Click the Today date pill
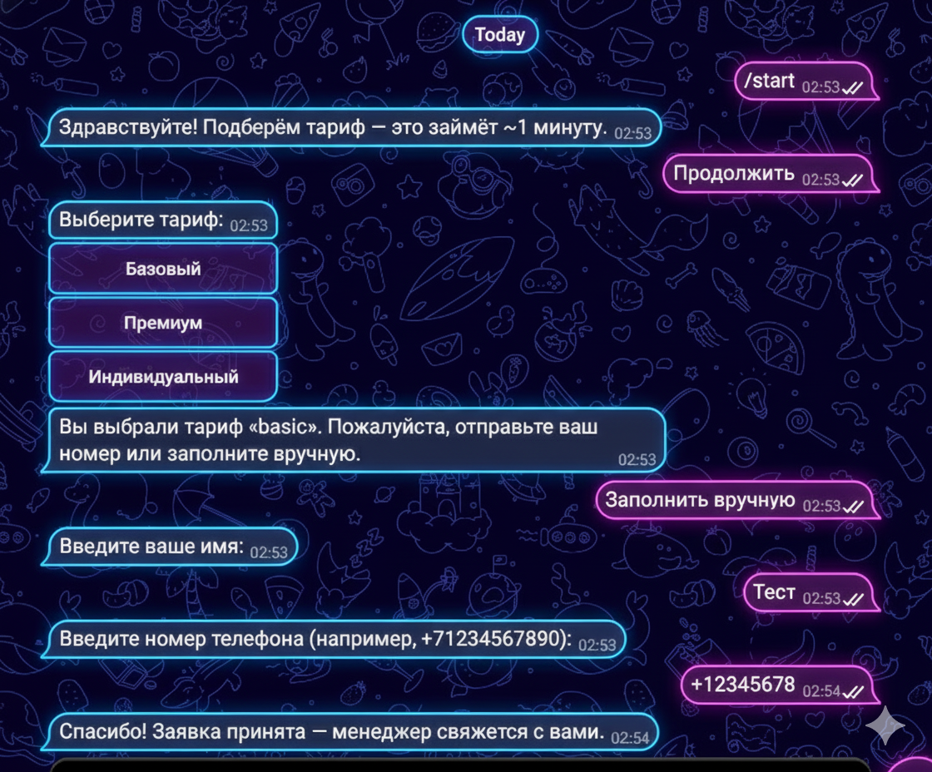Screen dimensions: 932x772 point(500,34)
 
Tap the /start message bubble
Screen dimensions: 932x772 point(806,81)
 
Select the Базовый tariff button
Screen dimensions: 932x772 point(163,269)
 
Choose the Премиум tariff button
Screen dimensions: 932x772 point(163,323)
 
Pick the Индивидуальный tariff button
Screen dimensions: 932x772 point(163,377)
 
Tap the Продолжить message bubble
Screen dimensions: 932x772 point(771,174)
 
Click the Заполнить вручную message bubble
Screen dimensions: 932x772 point(737,501)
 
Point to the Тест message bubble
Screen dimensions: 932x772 point(811,592)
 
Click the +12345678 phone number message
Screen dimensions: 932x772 point(780,685)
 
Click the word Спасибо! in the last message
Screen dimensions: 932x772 point(102,731)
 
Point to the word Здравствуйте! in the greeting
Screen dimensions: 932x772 point(128,127)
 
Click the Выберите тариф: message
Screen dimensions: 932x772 point(163,220)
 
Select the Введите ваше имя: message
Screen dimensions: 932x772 point(170,547)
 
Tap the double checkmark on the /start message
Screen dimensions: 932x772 point(853,88)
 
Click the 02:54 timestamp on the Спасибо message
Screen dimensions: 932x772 point(630,738)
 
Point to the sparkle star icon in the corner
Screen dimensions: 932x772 point(885,725)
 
